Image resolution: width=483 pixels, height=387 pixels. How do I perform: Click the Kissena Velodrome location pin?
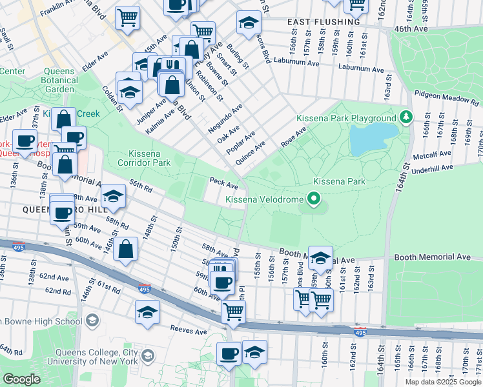pyautogui.click(x=314, y=199)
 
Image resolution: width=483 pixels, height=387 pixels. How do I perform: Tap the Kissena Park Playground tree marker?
pyautogui.click(x=406, y=118)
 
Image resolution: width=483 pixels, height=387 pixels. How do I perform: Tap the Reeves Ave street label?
pyautogui.click(x=187, y=329)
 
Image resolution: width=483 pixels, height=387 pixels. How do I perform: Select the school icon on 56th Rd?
pyautogui.click(x=113, y=198)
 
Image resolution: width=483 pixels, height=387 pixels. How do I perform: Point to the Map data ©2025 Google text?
pyautogui.click(x=442, y=382)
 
